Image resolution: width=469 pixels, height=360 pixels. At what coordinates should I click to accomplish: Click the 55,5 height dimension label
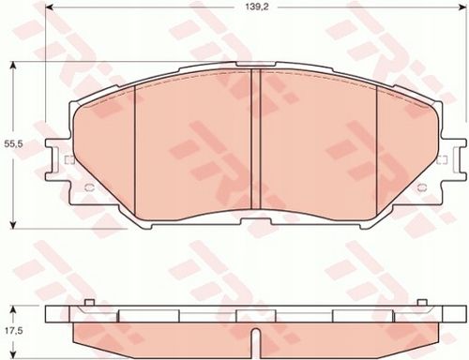point(12,144)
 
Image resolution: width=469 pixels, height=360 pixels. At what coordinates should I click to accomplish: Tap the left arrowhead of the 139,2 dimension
point(50,7)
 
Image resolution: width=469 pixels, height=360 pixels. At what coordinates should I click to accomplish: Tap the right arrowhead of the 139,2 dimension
point(462,7)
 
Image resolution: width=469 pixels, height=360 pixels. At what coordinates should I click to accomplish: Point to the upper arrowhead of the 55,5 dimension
point(13,66)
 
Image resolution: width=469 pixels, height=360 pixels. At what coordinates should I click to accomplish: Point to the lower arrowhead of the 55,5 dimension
point(13,224)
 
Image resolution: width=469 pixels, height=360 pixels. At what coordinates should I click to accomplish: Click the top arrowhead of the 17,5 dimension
point(13,310)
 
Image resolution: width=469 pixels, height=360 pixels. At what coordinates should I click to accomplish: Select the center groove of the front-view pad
point(256,139)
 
